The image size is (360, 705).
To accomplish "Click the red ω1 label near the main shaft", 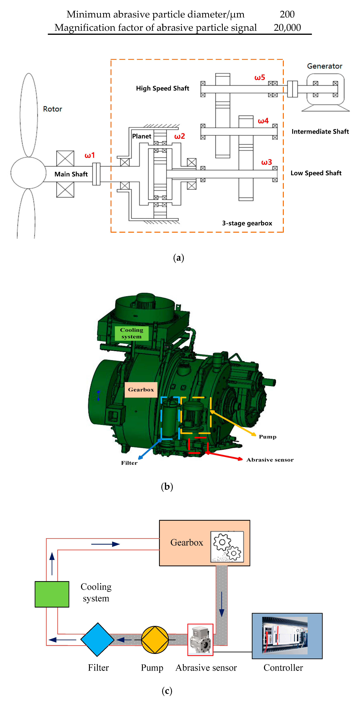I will click(90, 155).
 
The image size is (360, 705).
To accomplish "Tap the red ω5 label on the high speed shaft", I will click(260, 78).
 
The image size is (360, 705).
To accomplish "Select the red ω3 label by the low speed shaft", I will click(266, 162).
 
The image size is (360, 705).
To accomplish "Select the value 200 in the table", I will click(287, 14).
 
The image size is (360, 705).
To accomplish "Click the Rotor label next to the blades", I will click(53, 109).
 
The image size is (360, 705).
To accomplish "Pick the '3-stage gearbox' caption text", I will click(247, 223).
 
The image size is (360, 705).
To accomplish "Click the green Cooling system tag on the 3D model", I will click(132, 333).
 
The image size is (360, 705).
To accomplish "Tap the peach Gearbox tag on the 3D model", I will click(141, 389).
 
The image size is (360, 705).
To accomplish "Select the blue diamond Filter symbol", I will click(98, 640).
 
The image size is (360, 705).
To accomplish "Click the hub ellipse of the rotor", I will click(29, 173).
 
